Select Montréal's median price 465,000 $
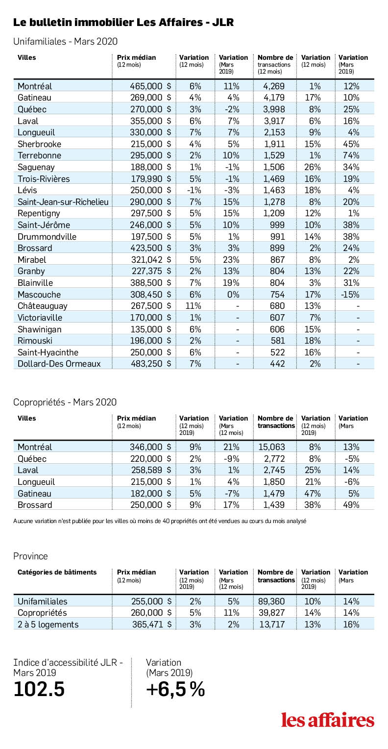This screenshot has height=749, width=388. click(150, 86)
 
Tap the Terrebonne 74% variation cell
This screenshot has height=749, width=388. click(351, 155)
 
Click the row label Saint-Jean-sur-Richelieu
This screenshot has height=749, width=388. click(63, 202)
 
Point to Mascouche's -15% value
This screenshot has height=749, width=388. click(350, 295)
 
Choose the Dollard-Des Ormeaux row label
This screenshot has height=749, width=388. click(59, 364)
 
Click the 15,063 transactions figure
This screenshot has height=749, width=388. click(272, 447)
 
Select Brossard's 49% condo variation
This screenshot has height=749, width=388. click(351, 505)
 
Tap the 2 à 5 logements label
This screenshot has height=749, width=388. click(48, 624)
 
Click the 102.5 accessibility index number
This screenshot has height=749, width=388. click(39, 690)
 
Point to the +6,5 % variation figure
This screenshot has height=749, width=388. click(175, 690)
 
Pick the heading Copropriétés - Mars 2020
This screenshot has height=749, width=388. click(65, 402)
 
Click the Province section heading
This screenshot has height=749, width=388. click(30, 556)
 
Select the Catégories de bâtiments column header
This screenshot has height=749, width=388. click(57, 572)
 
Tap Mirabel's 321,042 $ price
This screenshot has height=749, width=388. click(151, 260)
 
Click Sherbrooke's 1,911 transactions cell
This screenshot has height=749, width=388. click(274, 144)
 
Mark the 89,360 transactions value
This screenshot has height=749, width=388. click(271, 601)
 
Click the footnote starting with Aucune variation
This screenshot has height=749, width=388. click(160, 521)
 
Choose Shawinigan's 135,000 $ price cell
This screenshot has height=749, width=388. click(151, 329)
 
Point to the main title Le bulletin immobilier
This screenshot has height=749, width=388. click(123, 23)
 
